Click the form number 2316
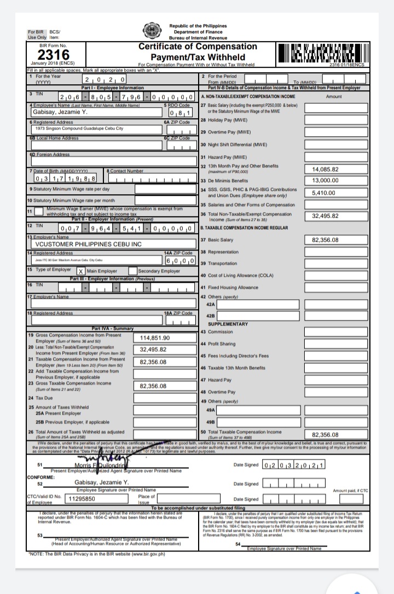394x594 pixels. pyautogui.click(x=53, y=55)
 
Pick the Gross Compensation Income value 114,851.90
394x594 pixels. pyautogui.click(x=155, y=338)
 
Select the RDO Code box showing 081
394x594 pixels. pyautogui.click(x=179, y=113)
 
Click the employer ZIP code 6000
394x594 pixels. pyautogui.click(x=179, y=260)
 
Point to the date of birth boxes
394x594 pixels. pyautogui.click(x=65, y=178)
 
